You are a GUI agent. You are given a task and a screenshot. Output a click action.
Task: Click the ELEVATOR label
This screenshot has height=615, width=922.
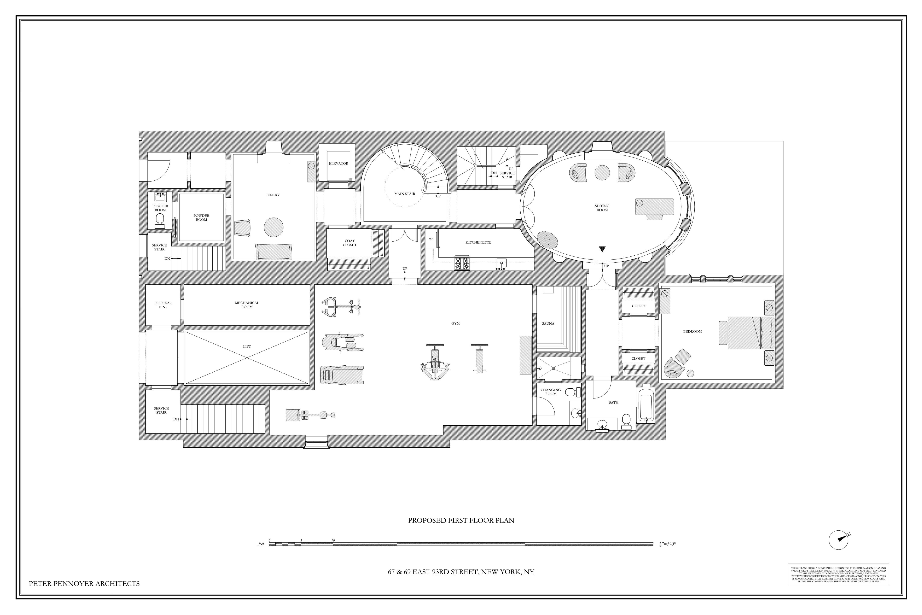[338, 163]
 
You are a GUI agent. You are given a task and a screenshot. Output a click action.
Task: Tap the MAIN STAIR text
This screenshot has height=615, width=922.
[404, 194]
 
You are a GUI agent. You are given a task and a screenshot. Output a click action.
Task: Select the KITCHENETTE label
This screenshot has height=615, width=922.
[478, 242]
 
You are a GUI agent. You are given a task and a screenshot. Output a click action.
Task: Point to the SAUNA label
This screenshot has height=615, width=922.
[548, 324]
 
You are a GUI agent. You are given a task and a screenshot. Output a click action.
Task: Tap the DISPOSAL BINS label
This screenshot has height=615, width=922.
[163, 305]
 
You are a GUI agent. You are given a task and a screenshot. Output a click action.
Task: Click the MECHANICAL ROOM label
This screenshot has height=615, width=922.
[247, 305]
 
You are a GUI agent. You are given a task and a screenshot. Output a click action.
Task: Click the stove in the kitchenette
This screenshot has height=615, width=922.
[462, 263]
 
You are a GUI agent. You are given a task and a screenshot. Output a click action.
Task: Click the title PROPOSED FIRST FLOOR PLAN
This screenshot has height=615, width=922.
[461, 521]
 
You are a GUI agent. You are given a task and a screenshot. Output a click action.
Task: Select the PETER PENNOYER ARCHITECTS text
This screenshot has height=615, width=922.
[84, 584]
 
